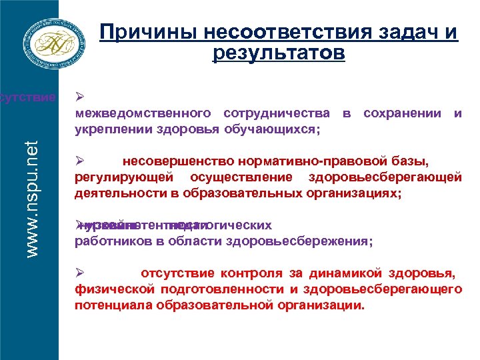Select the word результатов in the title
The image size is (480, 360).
click(x=279, y=53)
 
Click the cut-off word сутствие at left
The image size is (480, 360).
click(x=28, y=98)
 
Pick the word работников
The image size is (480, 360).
click(x=111, y=241)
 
